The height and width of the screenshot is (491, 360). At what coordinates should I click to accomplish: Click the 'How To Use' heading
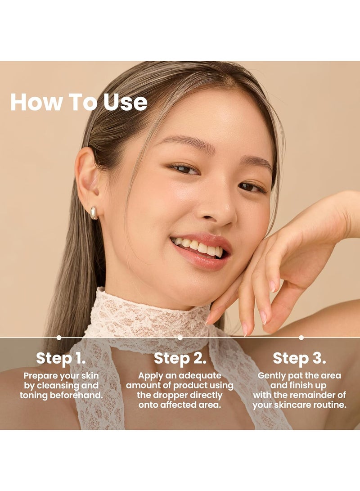[x=79, y=102]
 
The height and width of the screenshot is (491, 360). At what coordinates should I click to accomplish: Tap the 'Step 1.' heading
[x=61, y=358]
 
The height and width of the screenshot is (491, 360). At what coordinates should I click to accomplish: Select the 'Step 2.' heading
[x=180, y=358]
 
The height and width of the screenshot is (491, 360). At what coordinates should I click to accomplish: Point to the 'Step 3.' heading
[x=299, y=358]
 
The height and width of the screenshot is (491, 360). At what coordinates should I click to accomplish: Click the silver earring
[x=94, y=213]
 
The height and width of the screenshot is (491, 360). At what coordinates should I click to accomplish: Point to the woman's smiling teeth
[x=198, y=247]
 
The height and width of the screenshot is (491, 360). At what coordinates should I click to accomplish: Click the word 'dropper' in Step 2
[x=169, y=395]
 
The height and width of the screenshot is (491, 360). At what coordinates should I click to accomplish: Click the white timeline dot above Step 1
[x=59, y=338]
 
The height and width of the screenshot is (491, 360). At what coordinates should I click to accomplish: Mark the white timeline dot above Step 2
[x=180, y=338]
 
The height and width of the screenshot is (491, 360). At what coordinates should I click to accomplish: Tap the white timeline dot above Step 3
[x=301, y=338]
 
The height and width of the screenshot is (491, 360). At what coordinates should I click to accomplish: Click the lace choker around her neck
[x=148, y=315]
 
